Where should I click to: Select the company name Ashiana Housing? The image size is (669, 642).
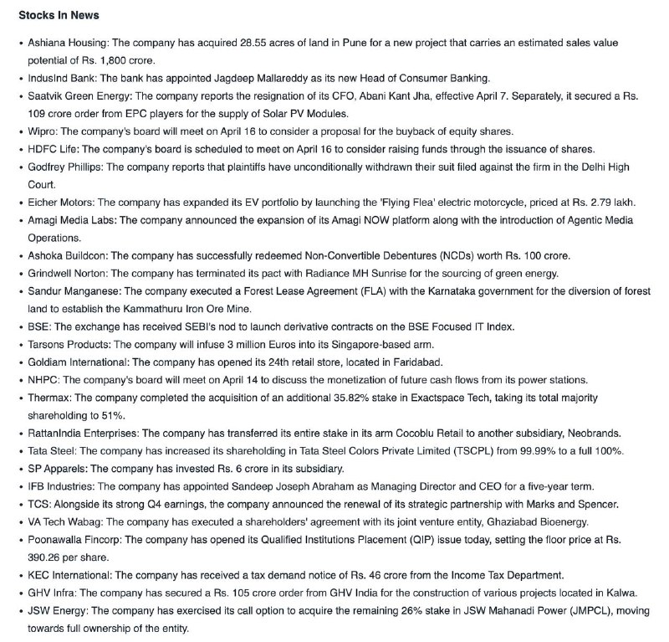click(66, 41)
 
